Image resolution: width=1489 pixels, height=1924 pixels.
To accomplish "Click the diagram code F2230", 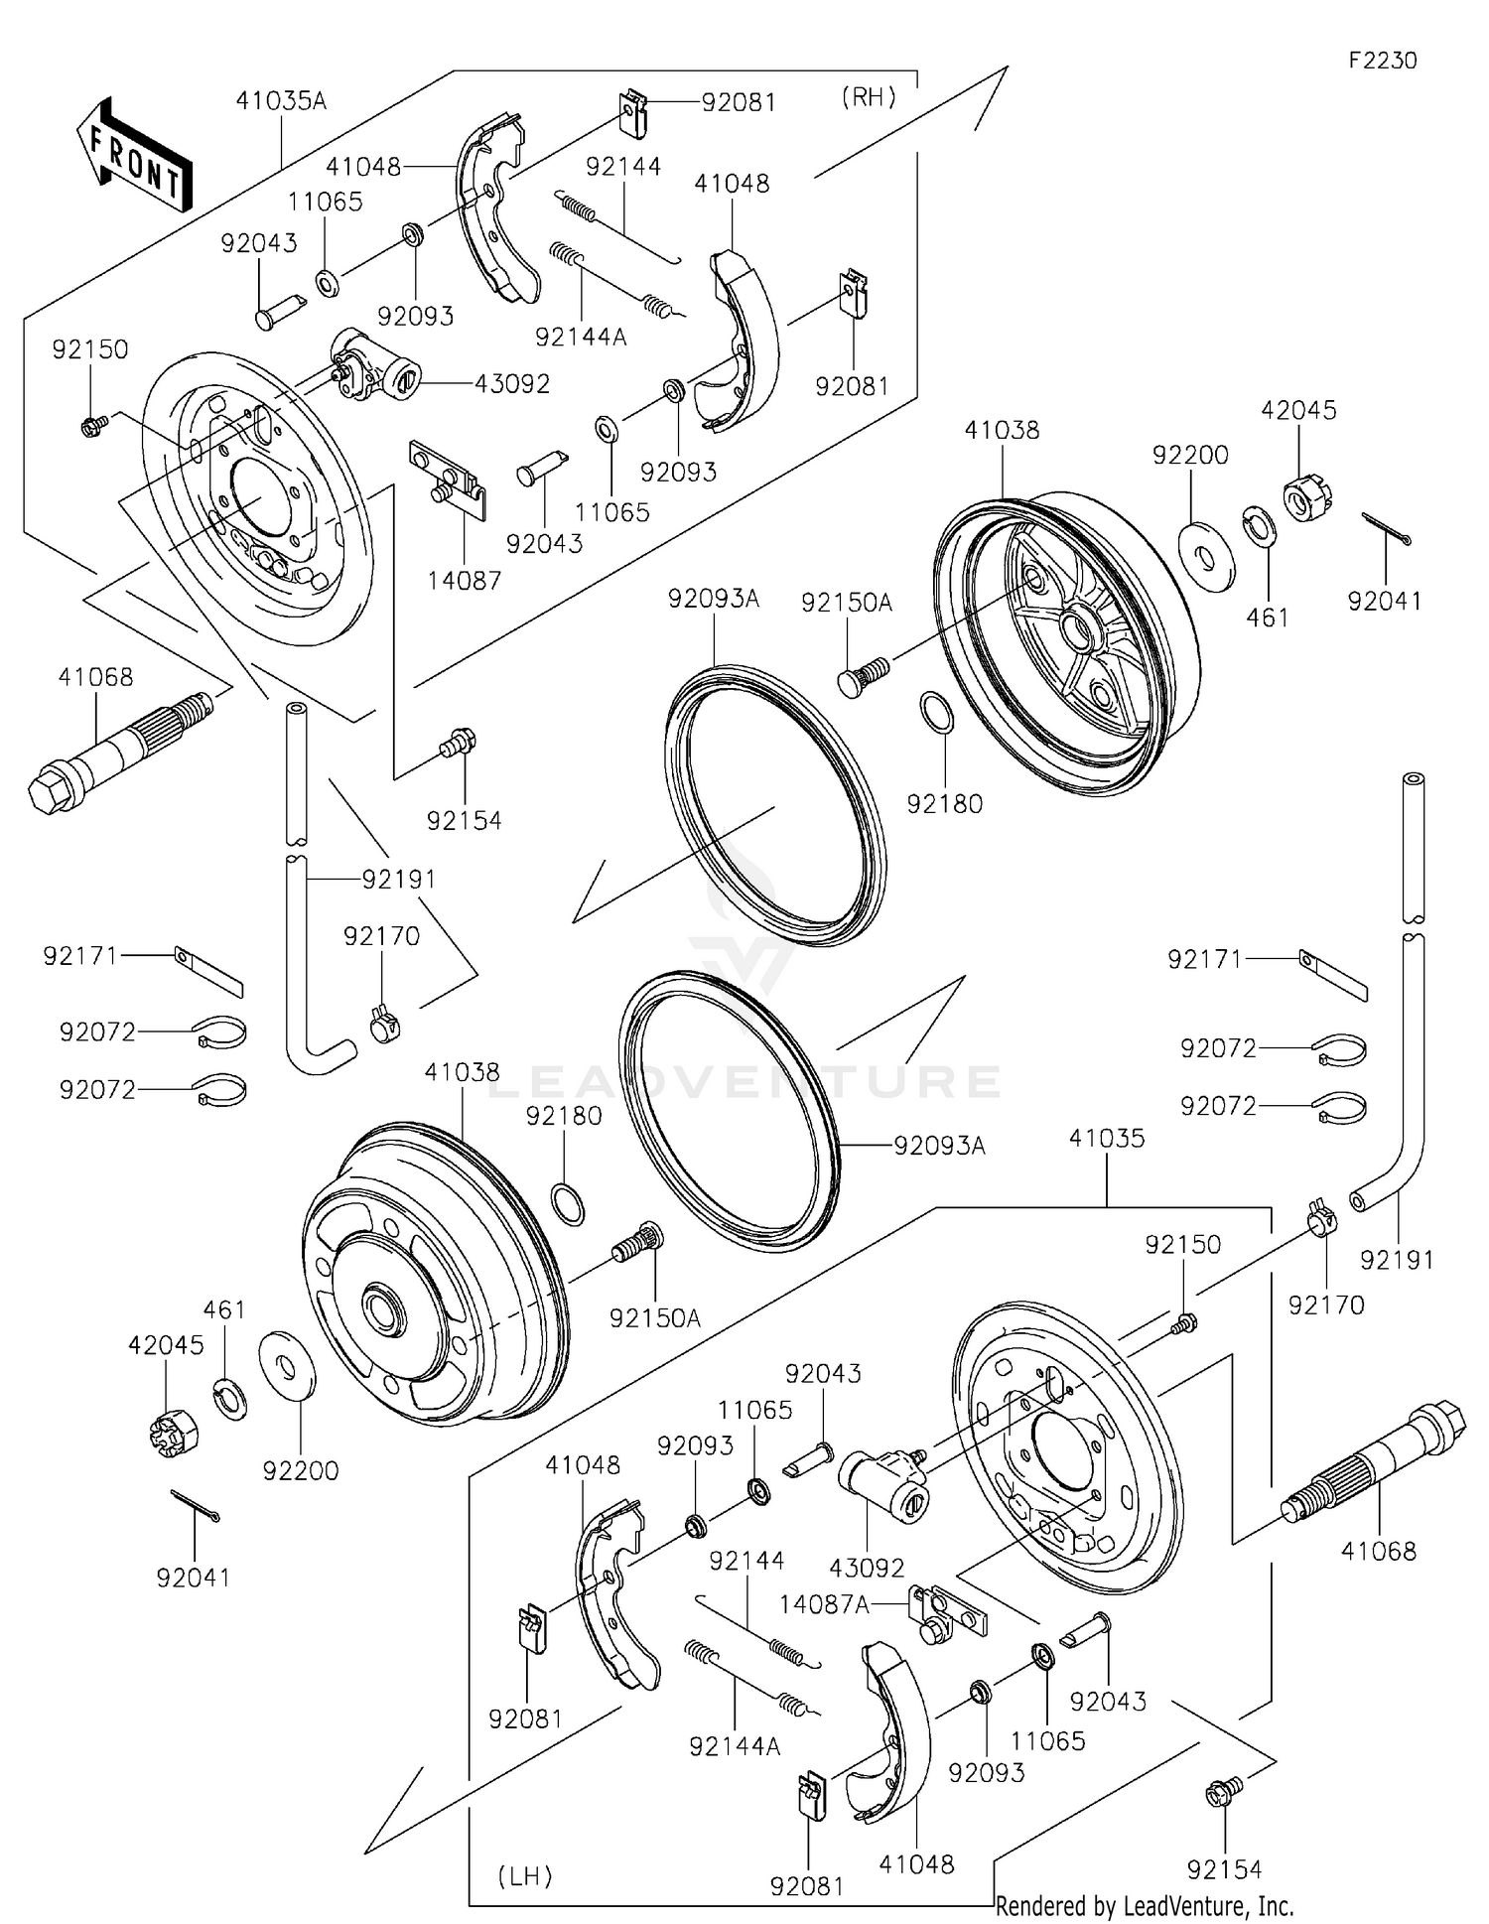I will click(x=1382, y=61).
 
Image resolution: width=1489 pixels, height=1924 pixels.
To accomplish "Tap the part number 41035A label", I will click(x=281, y=101).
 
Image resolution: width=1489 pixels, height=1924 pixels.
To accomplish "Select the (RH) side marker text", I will click(x=869, y=97).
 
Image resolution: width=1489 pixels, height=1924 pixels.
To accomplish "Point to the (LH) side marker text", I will click(x=524, y=1876).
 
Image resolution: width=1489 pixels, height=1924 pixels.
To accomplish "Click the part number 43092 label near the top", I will click(x=511, y=383).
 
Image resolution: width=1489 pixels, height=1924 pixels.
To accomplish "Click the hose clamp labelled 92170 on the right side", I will click(x=1323, y=1217).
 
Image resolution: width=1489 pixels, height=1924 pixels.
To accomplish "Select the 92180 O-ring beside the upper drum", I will click(x=938, y=713).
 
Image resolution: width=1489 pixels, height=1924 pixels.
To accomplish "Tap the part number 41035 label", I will click(x=1107, y=1139).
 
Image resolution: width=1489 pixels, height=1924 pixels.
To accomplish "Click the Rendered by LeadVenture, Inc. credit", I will click(x=1145, y=1905).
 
